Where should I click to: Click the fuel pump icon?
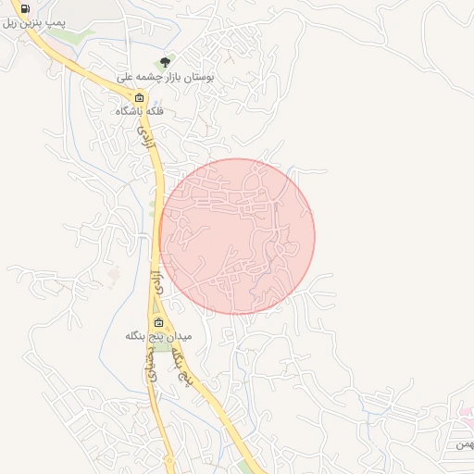[x=24, y=9]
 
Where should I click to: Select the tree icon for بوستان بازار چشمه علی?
[x=165, y=62]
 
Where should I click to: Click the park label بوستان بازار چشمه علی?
[x=166, y=78]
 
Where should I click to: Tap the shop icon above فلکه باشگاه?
[x=140, y=98]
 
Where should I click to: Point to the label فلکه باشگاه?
[x=139, y=111]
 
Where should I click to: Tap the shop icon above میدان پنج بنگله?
[x=158, y=323]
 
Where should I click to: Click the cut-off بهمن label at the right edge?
[x=463, y=445]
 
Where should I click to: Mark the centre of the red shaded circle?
[x=237, y=236]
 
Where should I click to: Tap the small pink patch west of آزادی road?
[x=114, y=274]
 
